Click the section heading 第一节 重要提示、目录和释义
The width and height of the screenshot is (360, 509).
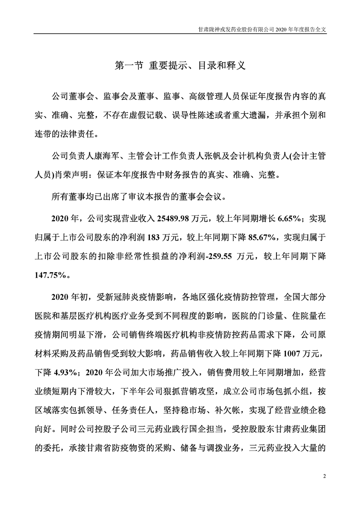[x=180, y=65]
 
